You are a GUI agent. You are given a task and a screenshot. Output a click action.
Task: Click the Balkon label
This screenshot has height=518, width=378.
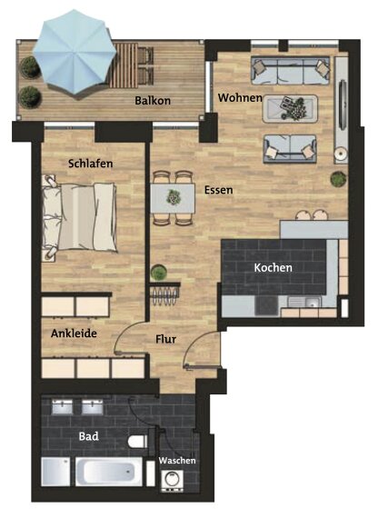pos(153,101)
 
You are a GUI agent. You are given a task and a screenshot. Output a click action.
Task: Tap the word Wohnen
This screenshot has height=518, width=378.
pos(240,98)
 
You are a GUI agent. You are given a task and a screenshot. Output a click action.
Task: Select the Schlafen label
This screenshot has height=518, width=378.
pos(91,164)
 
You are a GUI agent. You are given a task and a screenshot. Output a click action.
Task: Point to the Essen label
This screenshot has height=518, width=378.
pos(219,190)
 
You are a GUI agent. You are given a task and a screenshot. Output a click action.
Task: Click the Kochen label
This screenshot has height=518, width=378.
pos(274,267)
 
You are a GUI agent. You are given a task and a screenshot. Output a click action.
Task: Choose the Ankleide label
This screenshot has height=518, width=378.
pos(74,334)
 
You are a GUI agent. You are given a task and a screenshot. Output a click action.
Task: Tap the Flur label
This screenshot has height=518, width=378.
pos(166,339)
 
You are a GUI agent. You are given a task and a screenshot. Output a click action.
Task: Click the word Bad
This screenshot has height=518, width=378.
pos(89,436)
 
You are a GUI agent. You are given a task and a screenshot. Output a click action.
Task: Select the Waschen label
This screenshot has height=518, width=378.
pos(177,461)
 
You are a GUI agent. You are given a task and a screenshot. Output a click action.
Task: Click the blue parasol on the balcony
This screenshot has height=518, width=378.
pos(75,52)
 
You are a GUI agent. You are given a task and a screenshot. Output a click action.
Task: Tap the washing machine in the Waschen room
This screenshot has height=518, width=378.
pos(172,481)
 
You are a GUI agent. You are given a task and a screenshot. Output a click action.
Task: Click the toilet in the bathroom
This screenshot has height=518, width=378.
pos(138,442)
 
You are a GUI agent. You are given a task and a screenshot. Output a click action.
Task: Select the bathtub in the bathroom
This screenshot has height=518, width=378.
pos(109,472)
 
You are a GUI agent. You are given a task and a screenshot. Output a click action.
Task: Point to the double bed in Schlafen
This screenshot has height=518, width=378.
pos(79,216)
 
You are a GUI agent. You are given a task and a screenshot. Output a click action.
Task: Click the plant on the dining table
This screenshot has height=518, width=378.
pos(174,197)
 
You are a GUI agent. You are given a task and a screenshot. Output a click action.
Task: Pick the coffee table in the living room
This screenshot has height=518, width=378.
pos(290,109)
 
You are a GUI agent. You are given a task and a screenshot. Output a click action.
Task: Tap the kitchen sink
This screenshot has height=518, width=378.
pos(304,302)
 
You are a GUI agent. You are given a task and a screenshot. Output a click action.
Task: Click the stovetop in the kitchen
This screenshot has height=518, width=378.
pos(266,305)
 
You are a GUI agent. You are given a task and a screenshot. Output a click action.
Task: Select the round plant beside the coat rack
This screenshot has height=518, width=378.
pos(159,273)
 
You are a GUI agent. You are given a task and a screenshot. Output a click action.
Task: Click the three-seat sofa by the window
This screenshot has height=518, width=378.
pos(291,70)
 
